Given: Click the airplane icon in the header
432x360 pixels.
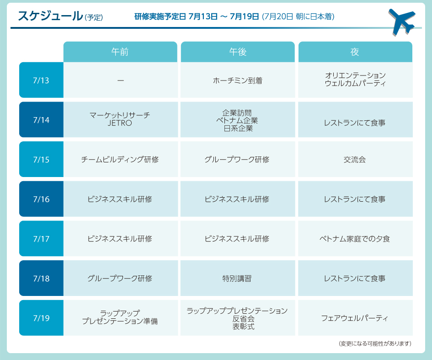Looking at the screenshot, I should click(x=401, y=21).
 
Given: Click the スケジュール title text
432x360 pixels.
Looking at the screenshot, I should click(x=50, y=16).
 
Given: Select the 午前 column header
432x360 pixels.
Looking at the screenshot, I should click(x=120, y=52).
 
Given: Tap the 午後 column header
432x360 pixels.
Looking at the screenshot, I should click(x=238, y=52).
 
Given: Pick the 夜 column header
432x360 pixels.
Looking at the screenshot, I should click(x=355, y=52).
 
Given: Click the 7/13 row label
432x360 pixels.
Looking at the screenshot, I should click(x=41, y=80).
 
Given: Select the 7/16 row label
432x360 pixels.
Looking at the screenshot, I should click(x=41, y=199).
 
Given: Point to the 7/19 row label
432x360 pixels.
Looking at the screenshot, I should click(x=41, y=318).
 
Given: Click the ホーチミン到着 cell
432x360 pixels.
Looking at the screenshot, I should click(x=238, y=81).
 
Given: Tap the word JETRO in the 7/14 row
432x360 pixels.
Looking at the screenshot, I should click(x=120, y=123).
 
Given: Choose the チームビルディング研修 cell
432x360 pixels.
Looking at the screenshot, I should click(x=120, y=160).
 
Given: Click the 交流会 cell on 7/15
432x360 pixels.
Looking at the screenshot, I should click(x=355, y=160).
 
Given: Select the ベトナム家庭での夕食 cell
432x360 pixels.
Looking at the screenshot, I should click(x=355, y=239).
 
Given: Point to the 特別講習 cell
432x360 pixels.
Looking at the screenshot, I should click(x=238, y=278).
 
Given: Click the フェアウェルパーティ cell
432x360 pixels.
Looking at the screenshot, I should click(x=355, y=318).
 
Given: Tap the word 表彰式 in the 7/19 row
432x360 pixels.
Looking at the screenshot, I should click(x=238, y=326).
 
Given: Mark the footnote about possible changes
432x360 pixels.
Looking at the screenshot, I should click(x=375, y=343).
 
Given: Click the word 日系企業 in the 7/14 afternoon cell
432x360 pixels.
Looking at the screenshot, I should click(x=238, y=129).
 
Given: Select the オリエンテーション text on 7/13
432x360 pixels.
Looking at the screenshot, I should click(x=355, y=75).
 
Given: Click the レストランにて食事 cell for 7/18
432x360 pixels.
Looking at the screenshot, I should click(x=355, y=278).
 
